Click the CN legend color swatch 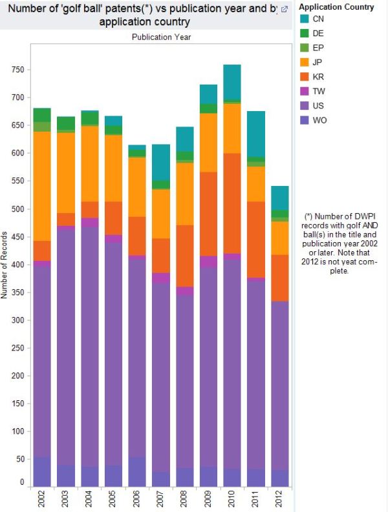(x=304, y=19)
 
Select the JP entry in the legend (x=318, y=62)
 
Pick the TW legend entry (x=318, y=92)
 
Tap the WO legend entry (x=318, y=120)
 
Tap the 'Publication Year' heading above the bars (x=161, y=37)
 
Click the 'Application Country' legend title (x=336, y=7)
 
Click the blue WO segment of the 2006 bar (x=137, y=471)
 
